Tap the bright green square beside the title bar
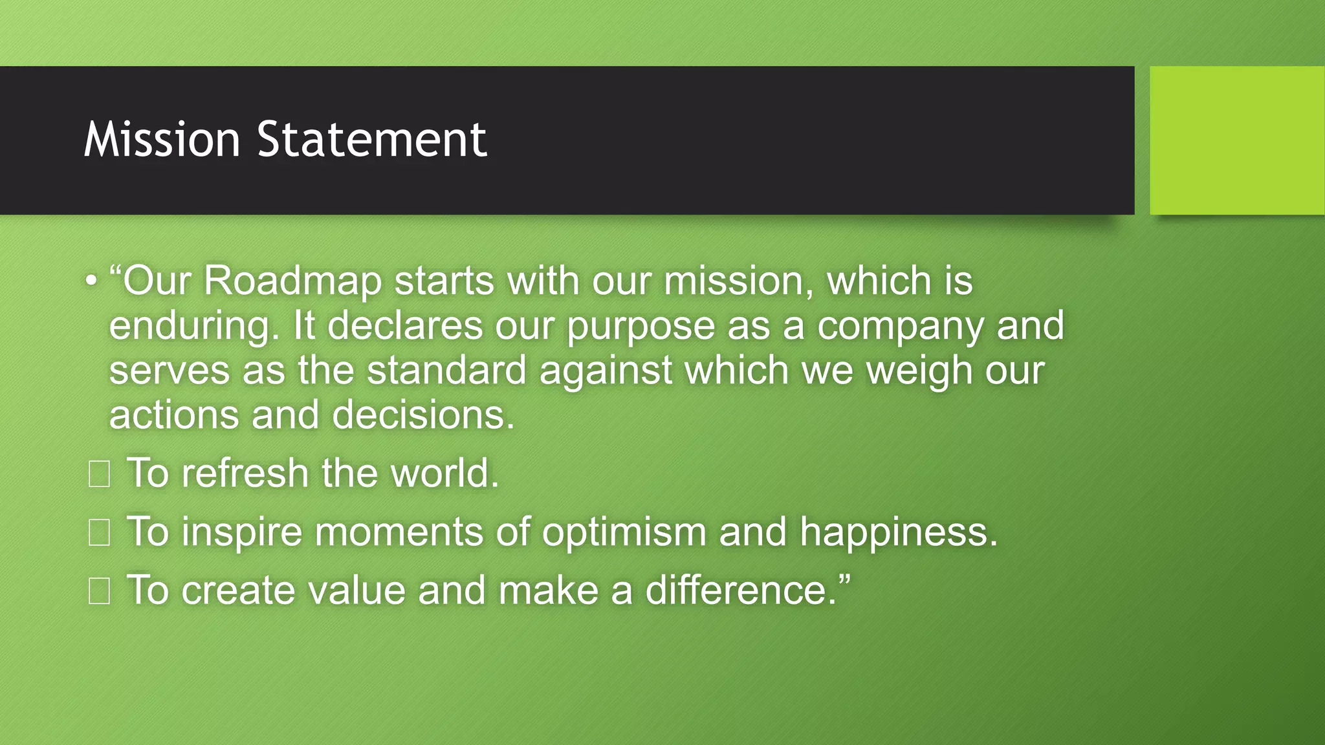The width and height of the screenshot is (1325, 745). [1237, 140]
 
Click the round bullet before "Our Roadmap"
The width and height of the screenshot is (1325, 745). [91, 281]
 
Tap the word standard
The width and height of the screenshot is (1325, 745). [446, 371]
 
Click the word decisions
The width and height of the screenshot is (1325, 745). [423, 415]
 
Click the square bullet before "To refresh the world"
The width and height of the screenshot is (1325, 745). [99, 474]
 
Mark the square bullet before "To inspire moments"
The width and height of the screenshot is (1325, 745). [99, 533]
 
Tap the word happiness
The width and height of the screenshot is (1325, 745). [899, 533]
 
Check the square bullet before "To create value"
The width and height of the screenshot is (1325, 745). [99, 591]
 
